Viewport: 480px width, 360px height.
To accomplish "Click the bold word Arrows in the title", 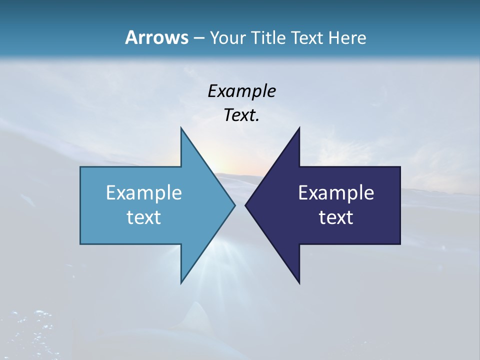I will click(156, 37).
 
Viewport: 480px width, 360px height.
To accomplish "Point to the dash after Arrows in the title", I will click(198, 38).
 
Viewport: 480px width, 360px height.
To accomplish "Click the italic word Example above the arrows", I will click(241, 91).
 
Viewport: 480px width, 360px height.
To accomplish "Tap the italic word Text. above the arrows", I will click(241, 115).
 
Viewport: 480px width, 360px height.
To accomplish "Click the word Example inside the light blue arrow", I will click(144, 193).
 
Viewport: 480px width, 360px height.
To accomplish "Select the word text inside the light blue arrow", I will click(144, 217).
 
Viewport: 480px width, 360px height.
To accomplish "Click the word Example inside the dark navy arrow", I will click(336, 193).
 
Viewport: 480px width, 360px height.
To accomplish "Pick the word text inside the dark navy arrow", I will click(336, 217).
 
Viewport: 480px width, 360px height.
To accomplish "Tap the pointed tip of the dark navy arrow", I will click(246, 205).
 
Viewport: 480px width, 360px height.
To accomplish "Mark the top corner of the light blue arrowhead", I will click(181, 128).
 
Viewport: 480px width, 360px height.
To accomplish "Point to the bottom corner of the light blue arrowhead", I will click(181, 282).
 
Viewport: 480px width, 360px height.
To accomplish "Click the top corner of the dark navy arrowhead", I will click(299, 128).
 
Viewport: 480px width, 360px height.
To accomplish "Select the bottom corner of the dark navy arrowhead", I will click(299, 282).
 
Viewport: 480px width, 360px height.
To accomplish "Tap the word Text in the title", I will click(308, 37).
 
